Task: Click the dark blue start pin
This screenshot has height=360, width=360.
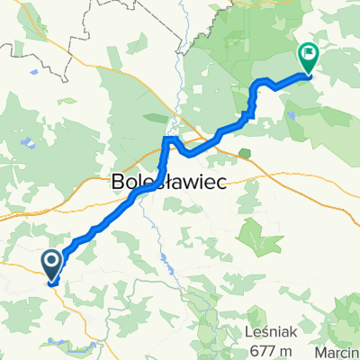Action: [51, 262]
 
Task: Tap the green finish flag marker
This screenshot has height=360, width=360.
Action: [309, 56]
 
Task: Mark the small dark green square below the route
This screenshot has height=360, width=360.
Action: [243, 153]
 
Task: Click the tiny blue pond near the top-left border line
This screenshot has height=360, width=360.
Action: [33, 70]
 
